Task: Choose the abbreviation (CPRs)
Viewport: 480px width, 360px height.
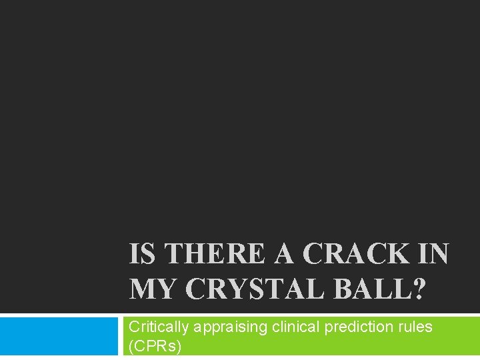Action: [155, 347]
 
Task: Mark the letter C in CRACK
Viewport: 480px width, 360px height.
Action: [314, 254]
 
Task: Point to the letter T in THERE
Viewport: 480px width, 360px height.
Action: [175, 254]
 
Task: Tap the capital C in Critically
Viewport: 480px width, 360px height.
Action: [134, 327]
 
